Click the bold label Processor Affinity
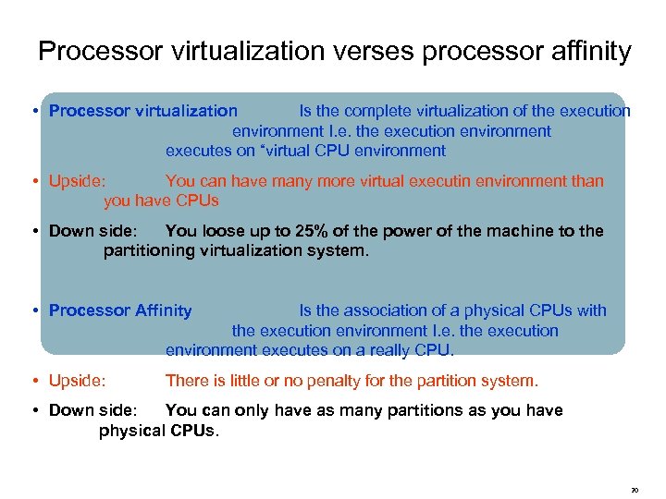point(120,310)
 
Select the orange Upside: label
point(77,181)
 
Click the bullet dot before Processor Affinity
point(33,310)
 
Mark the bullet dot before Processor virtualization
point(33,111)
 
